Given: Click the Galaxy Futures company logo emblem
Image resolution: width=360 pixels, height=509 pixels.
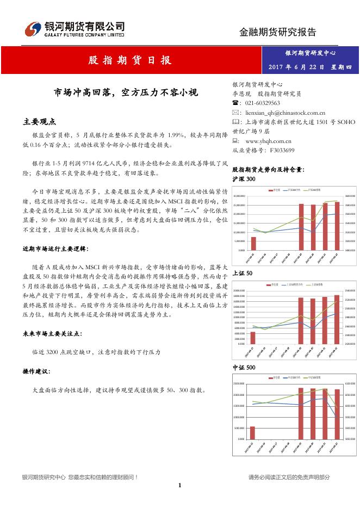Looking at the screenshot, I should pyautogui.click(x=33, y=28).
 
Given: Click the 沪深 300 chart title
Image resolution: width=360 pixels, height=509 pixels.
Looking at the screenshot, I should pyautogui.click(x=243, y=179).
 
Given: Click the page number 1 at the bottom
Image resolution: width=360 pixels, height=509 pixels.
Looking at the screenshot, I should pyautogui.click(x=179, y=486).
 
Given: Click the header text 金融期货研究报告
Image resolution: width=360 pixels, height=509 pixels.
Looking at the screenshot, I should pyautogui.click(x=277, y=32).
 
